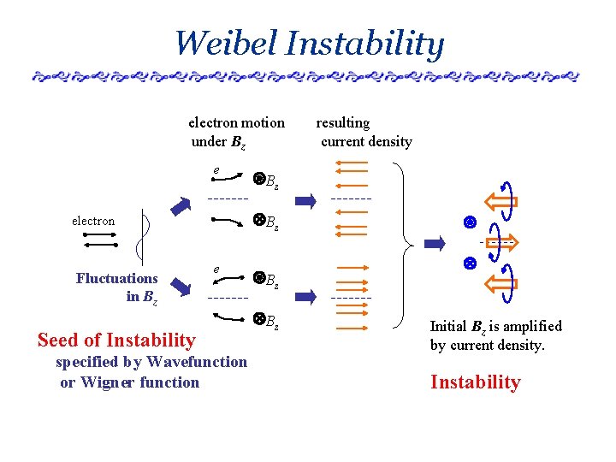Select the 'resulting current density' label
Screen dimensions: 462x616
point(364,132)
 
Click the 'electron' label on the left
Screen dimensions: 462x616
point(93,221)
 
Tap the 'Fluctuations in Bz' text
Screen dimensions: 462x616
point(117,287)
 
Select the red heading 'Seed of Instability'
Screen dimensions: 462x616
point(116,340)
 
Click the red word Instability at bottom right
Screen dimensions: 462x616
point(475,382)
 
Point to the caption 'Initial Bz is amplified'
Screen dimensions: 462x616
point(495,326)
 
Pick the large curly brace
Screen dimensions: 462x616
point(408,245)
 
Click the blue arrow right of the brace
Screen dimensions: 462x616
point(435,244)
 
